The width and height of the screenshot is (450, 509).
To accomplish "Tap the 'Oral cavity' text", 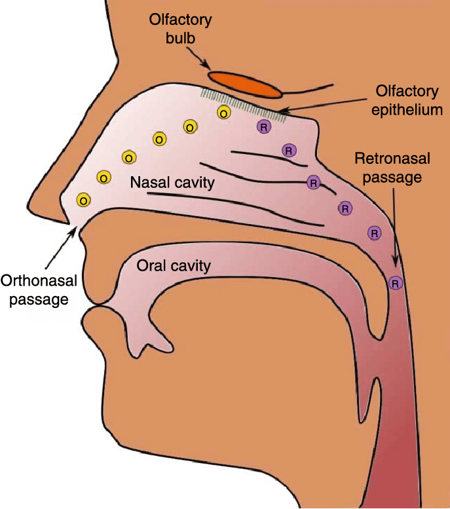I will [173, 265].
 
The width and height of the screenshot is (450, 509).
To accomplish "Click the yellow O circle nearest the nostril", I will [84, 199].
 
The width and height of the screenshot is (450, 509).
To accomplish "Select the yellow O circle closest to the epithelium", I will [223, 113].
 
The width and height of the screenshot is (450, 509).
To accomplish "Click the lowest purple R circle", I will [396, 284].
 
